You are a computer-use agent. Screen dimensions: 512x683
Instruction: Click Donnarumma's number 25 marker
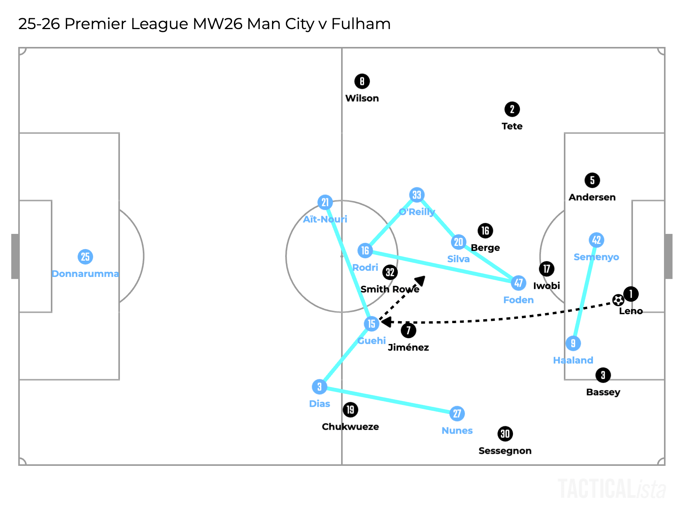point(85,257)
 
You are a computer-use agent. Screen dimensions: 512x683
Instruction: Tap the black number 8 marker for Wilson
point(362,81)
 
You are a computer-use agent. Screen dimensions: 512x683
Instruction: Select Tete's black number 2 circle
point(512,109)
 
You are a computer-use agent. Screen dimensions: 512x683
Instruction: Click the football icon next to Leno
point(618,300)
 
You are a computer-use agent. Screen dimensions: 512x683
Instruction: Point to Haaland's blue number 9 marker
point(573,343)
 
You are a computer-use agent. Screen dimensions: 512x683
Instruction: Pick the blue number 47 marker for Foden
point(519,283)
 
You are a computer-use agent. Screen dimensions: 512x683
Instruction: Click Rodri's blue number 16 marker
point(365,251)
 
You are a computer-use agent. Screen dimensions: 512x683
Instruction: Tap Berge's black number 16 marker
point(485,231)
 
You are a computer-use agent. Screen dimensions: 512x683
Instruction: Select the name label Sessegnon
point(505,451)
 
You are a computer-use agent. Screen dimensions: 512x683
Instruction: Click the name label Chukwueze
point(350,427)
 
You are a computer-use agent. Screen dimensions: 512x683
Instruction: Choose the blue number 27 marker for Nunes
point(457,413)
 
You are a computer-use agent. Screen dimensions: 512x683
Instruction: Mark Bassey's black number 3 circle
point(603,375)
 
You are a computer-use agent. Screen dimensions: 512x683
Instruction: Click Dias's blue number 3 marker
point(319,387)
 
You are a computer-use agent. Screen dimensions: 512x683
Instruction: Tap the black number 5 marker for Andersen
point(592,180)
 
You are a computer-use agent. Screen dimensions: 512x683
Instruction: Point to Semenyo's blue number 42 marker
point(596,240)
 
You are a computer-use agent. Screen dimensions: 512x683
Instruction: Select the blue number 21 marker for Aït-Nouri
point(325,202)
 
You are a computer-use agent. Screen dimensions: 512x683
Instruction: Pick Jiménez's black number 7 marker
point(408,330)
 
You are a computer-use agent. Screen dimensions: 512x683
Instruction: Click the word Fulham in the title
point(361,24)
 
